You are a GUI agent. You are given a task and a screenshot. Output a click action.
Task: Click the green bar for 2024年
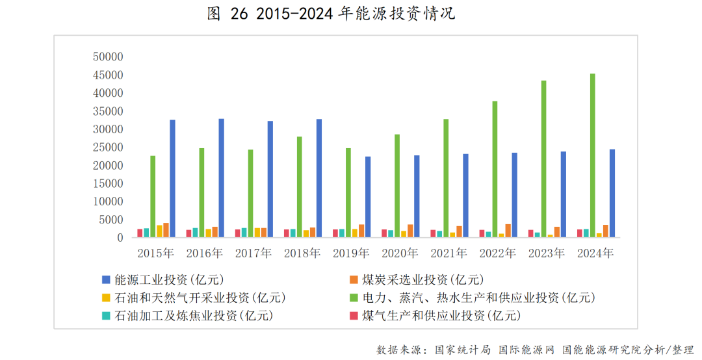[x=593, y=156]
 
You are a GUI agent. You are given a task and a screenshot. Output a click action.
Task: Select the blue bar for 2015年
[x=172, y=179]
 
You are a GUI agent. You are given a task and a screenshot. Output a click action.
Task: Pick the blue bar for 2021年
[x=465, y=196]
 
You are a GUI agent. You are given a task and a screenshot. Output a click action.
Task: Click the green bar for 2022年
[x=495, y=170]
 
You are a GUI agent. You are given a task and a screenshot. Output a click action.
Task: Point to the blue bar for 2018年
[x=319, y=178]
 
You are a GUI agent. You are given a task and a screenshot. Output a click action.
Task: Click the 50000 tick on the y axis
[x=108, y=57]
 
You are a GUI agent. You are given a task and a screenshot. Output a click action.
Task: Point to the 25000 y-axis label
[x=108, y=148]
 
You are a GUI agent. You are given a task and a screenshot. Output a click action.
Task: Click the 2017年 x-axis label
[x=253, y=253]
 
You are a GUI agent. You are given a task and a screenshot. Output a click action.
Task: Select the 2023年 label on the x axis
[x=547, y=253]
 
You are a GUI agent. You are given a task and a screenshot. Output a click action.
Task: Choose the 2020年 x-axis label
[x=400, y=253]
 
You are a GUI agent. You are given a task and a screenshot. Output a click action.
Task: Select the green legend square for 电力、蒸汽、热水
[x=354, y=298]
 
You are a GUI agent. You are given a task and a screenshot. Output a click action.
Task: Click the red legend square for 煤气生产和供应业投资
[x=354, y=316]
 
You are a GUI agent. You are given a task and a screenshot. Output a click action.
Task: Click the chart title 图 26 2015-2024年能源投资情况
[x=331, y=14]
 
